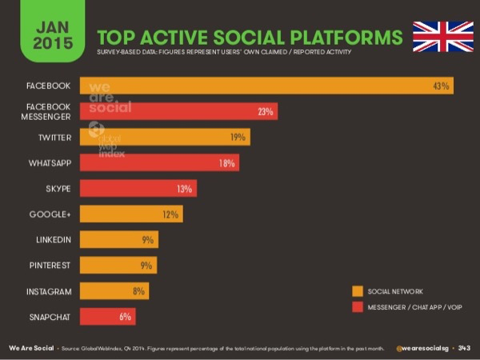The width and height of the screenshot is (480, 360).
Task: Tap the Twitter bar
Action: pyautogui.click(x=165, y=138)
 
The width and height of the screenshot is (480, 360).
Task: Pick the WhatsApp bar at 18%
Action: pyautogui.click(x=159, y=163)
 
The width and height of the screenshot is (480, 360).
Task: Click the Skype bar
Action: pyautogui.click(x=138, y=189)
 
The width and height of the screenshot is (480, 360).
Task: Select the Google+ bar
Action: pyautogui.click(x=131, y=214)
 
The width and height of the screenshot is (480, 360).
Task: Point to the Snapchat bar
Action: pyautogui.click(x=108, y=317)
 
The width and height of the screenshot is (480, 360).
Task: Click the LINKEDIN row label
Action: pyautogui.click(x=54, y=240)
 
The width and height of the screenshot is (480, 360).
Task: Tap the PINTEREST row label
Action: pyautogui.click(x=50, y=266)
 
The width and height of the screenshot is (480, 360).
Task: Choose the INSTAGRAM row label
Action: pyautogui.click(x=49, y=291)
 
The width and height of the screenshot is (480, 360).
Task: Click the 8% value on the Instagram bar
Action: pyautogui.click(x=138, y=291)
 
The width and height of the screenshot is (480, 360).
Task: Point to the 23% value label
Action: pyautogui.click(x=266, y=112)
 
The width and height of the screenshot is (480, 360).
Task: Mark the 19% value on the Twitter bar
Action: pyautogui.click(x=238, y=138)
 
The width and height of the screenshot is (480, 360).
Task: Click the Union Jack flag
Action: pyautogui.click(x=442, y=37)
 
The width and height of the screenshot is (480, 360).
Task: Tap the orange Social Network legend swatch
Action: pyautogui.click(x=357, y=291)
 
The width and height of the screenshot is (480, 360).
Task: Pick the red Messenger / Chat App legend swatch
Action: pyautogui.click(x=357, y=307)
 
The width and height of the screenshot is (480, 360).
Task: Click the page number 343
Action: pyautogui.click(x=464, y=348)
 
